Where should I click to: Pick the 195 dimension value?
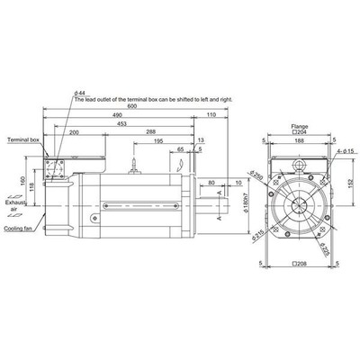pyautogui.click(x=157, y=140)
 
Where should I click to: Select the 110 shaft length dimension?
pyautogui.click(x=211, y=115)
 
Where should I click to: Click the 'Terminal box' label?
pyautogui.click(x=22, y=141)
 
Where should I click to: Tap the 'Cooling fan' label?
pyautogui.click(x=21, y=229)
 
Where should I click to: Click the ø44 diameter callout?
pyautogui.click(x=80, y=93)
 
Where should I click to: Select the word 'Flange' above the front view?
pyautogui.click(x=298, y=125)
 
